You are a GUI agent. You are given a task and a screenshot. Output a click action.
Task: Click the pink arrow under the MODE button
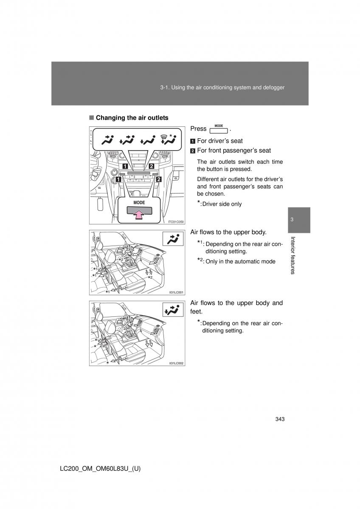coord(139,215)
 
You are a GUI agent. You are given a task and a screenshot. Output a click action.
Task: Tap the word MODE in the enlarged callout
coord(139,203)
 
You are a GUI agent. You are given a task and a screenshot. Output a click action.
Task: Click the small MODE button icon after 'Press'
coord(219,129)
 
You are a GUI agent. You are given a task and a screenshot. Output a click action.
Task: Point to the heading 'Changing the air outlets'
coord(132,118)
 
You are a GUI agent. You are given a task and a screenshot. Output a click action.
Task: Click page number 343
coord(279,419)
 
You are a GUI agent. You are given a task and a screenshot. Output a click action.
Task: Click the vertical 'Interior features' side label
coord(292,256)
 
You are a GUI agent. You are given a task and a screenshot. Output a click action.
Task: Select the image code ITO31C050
coord(175,221)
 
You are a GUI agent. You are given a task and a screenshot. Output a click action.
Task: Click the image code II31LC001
coord(176,292)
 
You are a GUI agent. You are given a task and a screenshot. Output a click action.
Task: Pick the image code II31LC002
coord(176,364)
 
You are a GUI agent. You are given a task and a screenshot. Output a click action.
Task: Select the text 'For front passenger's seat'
coord(233,151)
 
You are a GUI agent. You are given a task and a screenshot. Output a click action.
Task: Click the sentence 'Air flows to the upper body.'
coord(228,232)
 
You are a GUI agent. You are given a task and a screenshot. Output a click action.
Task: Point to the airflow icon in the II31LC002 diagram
coord(173,310)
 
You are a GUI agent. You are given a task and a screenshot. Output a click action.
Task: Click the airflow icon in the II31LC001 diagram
coord(173,240)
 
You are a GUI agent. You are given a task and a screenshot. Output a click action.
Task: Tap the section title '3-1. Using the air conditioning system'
coord(222,87)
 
